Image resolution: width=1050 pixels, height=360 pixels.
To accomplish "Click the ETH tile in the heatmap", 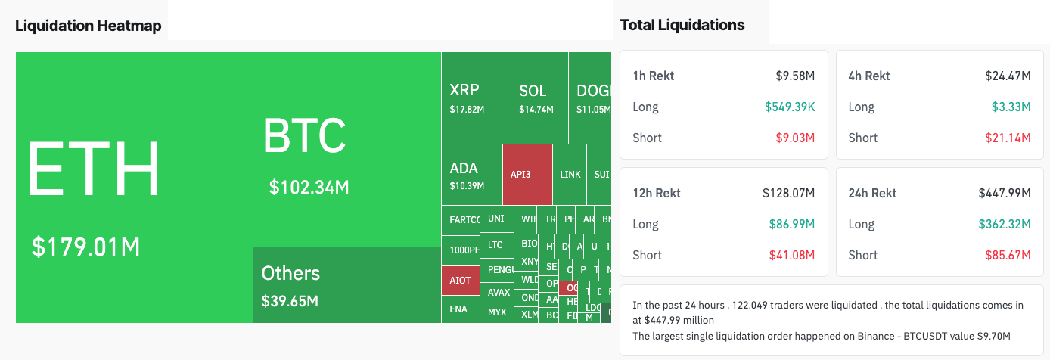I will click(134, 187).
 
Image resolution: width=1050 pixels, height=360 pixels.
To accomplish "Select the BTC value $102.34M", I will click(309, 187).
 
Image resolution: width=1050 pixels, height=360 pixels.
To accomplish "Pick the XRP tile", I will click(475, 98).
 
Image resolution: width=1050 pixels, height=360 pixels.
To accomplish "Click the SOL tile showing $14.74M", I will click(538, 98).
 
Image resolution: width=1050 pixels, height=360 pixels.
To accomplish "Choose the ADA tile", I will click(471, 175).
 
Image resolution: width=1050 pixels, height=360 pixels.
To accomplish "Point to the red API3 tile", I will click(527, 175).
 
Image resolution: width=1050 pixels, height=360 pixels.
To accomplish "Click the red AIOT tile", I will click(460, 280).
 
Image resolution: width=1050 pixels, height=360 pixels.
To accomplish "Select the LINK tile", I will click(570, 175).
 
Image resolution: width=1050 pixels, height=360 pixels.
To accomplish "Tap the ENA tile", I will click(458, 309).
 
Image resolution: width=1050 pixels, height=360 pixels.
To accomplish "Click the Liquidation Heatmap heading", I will click(89, 26).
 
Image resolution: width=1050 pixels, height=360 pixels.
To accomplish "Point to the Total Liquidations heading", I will click(682, 25).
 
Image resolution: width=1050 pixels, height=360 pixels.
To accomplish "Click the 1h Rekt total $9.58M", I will click(795, 76).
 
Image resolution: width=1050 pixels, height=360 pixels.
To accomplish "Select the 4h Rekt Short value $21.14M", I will click(1008, 138).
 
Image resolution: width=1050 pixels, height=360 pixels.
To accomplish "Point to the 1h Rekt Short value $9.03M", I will click(795, 138).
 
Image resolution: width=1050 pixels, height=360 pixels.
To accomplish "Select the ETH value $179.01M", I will click(85, 247).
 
